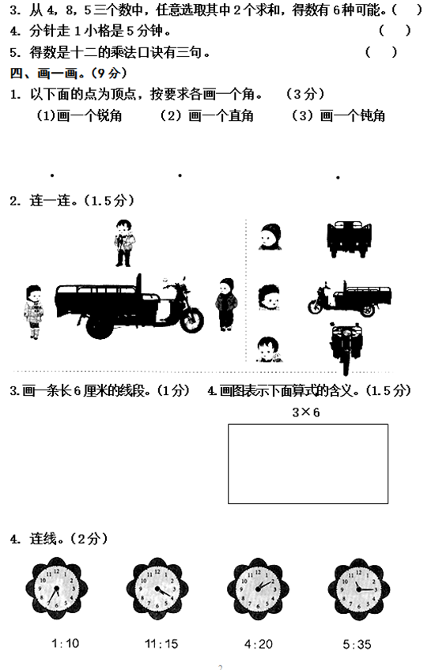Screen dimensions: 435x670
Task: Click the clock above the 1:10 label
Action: point(56,589)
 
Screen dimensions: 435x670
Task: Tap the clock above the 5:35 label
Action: point(359,589)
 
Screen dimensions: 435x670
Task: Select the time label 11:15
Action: point(161,644)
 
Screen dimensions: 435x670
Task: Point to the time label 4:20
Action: point(259,644)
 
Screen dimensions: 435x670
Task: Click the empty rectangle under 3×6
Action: point(228,464)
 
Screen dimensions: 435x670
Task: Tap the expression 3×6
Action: point(306,412)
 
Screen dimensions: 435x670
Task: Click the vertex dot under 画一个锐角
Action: point(52,175)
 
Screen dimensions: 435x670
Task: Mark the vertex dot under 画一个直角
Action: point(180,175)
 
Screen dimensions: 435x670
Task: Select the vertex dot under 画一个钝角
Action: point(338,177)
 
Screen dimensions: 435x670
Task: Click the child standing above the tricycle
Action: point(124,243)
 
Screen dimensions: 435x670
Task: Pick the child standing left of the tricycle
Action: point(33,312)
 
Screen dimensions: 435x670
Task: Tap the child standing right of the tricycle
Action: point(226,304)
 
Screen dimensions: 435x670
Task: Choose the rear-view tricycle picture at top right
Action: point(349,239)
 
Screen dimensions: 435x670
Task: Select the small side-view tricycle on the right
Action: point(350,298)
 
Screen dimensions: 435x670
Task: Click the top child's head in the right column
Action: point(270,237)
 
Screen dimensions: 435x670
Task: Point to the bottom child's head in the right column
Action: point(269,349)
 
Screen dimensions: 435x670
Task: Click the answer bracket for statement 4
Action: point(395,30)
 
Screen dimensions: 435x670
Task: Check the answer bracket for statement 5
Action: point(381,52)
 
